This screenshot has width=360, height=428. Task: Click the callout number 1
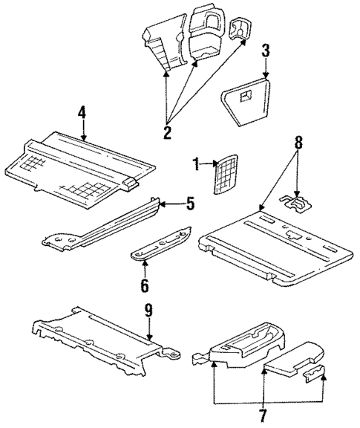[197, 164]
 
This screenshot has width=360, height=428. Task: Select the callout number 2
[167, 133]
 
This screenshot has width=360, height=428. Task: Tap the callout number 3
[266, 51]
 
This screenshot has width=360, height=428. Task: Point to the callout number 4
[82, 113]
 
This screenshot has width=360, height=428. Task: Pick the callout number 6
[145, 285]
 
